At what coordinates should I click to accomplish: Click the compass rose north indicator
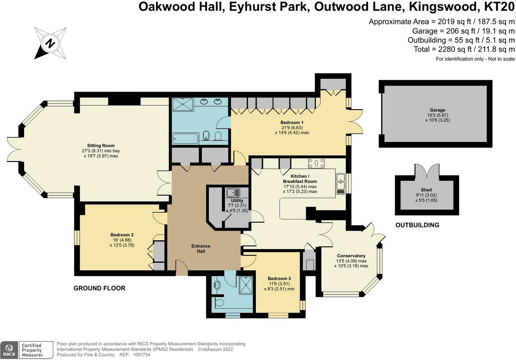pyautogui.click(x=51, y=44)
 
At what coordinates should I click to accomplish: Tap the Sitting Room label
pyautogui.click(x=101, y=145)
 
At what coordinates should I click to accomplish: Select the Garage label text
pyautogui.click(x=437, y=110)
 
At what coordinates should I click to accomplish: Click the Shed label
pyautogui.click(x=426, y=190)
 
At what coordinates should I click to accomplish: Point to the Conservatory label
pyautogui.click(x=351, y=256)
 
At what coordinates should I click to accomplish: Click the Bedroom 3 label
pyautogui.click(x=279, y=278)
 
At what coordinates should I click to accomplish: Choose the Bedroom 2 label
pyautogui.click(x=122, y=235)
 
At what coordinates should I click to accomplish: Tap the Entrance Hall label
pyautogui.click(x=201, y=248)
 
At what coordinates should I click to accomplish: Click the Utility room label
pyautogui.click(x=237, y=201)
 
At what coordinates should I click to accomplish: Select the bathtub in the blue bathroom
pyautogui.click(x=185, y=138)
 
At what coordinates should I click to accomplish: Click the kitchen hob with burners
pyautogui.click(x=316, y=163)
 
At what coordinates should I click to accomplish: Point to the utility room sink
pyautogui.click(x=233, y=193)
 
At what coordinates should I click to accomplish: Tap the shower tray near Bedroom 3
pyautogui.click(x=246, y=285)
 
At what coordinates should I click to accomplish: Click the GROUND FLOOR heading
pyautogui.click(x=99, y=288)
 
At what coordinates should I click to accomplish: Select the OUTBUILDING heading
pyautogui.click(x=417, y=225)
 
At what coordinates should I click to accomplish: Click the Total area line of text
pyautogui.click(x=464, y=49)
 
